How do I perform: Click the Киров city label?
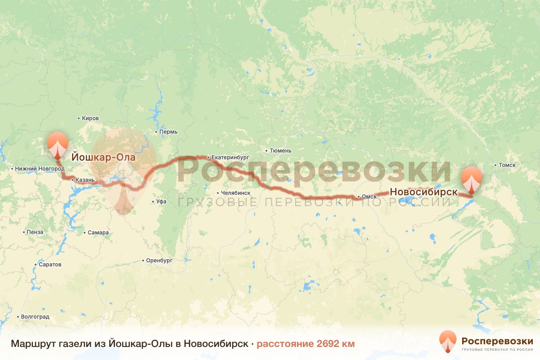[90, 118]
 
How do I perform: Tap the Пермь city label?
[168, 132]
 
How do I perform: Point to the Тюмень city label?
[280, 151]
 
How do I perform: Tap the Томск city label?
[507, 165]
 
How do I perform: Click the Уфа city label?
[162, 202]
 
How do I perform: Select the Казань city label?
[85, 180]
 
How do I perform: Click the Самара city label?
[98, 233]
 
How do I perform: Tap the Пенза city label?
[35, 232]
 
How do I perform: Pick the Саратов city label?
[49, 265]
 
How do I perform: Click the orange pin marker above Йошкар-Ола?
[58, 144]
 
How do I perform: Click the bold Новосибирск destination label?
[423, 192]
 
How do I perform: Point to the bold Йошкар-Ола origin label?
[103, 158]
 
